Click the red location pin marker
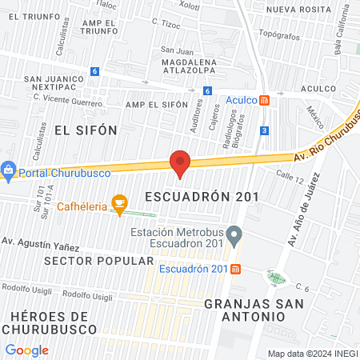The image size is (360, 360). pyautogui.click(x=180, y=162)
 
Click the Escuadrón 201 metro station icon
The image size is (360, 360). pyautogui.click(x=235, y=269)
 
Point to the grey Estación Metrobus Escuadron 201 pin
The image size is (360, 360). pyautogui.click(x=234, y=236)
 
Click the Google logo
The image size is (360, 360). pyautogui.click(x=26, y=350)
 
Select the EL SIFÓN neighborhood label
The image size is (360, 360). pyautogui.click(x=86, y=130)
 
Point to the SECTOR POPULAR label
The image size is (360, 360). pyautogui.click(x=98, y=261)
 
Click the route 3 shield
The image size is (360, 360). pyautogui.click(x=264, y=130)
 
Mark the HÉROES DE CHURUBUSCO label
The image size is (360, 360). pyautogui.click(x=50, y=322)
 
